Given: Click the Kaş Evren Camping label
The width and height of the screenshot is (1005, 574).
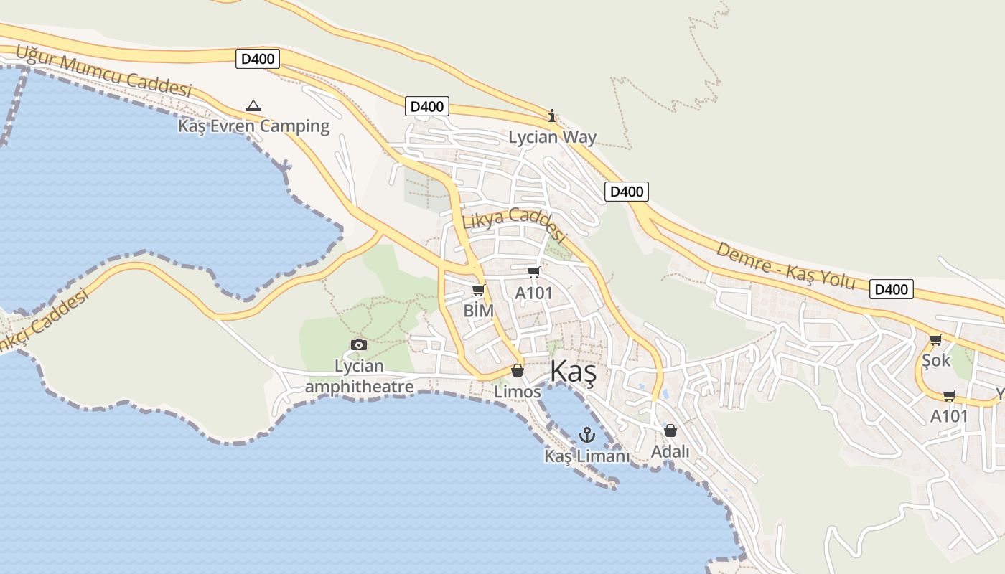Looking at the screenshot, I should pyautogui.click(x=253, y=126).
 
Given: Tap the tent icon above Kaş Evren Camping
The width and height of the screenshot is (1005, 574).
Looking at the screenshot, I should pyautogui.click(x=253, y=106).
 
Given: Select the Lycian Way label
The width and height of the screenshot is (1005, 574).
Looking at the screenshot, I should pyautogui.click(x=552, y=137).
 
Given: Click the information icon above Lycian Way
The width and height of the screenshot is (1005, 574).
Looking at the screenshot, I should pyautogui.click(x=552, y=116).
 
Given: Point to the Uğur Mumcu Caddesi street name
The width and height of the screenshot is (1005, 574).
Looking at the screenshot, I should pyautogui.click(x=103, y=70).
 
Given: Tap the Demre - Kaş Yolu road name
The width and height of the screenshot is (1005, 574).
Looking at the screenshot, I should pyautogui.click(x=785, y=265).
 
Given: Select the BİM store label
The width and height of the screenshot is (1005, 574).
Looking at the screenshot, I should pyautogui.click(x=478, y=311).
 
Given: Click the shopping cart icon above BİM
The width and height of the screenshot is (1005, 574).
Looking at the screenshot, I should pyautogui.click(x=479, y=291).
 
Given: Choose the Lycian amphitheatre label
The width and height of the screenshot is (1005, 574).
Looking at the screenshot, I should pyautogui.click(x=359, y=377).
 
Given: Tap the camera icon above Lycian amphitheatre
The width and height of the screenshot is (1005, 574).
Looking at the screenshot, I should pyautogui.click(x=359, y=345).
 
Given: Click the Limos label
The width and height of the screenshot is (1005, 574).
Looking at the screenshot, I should pyautogui.click(x=517, y=392).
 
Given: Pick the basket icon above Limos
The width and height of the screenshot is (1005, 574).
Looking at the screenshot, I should pyautogui.click(x=517, y=370).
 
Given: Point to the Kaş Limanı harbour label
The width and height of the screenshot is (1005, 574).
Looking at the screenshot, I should pyautogui.click(x=586, y=456).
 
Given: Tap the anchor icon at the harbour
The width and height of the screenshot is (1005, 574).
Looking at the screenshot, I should pyautogui.click(x=587, y=435).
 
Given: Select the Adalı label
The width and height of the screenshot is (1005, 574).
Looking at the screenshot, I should pyautogui.click(x=670, y=452).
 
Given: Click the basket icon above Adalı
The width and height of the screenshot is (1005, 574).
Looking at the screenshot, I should pyautogui.click(x=670, y=430).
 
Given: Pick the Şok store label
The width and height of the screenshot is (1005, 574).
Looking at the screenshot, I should pyautogui.click(x=935, y=360).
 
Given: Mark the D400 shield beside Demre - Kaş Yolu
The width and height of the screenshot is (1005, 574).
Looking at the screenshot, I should pyautogui.click(x=891, y=289).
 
